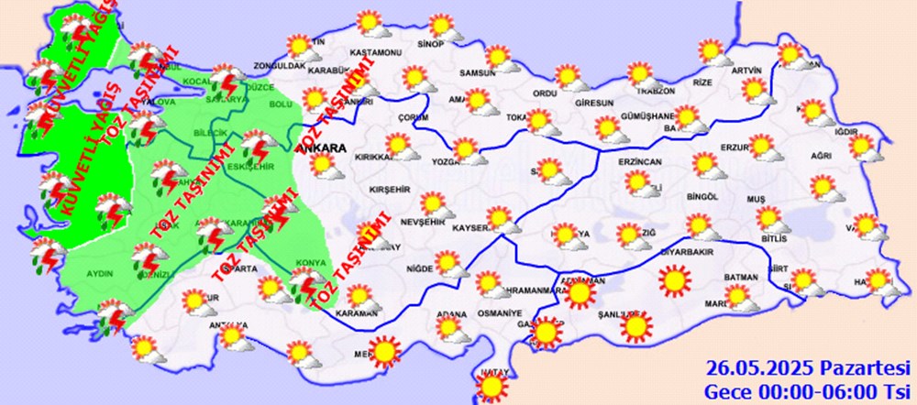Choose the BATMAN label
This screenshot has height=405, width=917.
(x=740, y=277)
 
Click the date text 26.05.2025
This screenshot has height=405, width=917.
(x=752, y=369)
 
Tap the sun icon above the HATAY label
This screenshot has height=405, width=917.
(x=493, y=388)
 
